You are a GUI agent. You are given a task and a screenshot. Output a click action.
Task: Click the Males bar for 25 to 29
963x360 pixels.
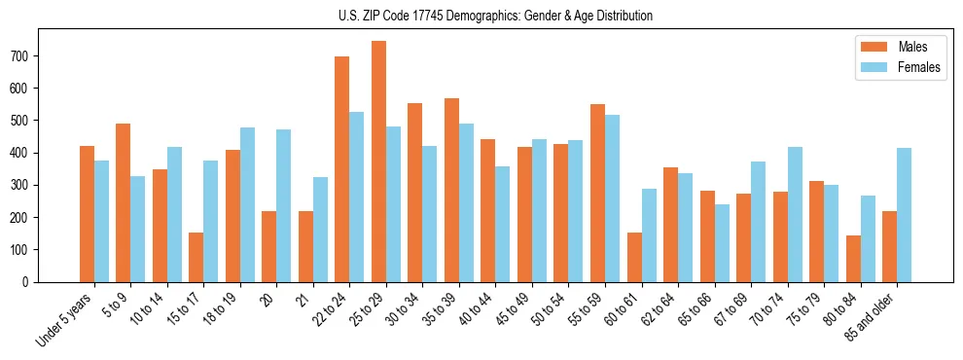click(378, 162)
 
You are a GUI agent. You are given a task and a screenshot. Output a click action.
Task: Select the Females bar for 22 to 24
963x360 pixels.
click(357, 197)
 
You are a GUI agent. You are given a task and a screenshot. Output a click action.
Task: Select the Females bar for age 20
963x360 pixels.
click(284, 205)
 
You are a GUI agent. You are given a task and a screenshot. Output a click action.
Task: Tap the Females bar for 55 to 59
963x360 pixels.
click(612, 198)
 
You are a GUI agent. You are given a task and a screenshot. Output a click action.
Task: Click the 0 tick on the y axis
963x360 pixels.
click(30, 282)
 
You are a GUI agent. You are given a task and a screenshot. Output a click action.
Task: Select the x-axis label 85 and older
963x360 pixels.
click(871, 316)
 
